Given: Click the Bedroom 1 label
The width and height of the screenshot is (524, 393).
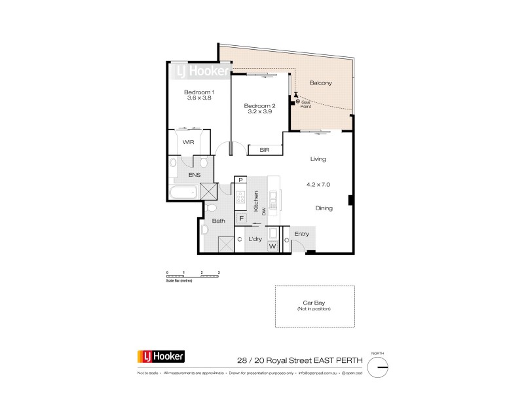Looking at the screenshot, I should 199,92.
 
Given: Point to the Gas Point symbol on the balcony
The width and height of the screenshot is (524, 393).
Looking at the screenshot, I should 298,102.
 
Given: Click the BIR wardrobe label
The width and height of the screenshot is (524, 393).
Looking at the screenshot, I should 264,150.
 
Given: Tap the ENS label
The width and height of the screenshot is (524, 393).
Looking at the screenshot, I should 195,176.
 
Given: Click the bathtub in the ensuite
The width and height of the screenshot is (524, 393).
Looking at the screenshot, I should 182,193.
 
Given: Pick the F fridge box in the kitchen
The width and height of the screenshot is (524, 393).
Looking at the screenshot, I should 240,218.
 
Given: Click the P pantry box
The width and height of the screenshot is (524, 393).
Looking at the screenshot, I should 240,180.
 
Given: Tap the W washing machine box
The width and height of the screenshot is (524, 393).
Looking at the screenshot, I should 272,246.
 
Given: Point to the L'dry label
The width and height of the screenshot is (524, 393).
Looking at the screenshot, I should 255,240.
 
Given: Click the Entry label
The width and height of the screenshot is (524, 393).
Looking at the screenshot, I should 301,234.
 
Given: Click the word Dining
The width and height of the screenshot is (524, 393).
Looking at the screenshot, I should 323,208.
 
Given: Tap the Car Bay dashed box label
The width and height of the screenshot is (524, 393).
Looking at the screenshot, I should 314,303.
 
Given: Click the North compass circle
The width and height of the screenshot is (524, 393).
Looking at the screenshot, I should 381,368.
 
